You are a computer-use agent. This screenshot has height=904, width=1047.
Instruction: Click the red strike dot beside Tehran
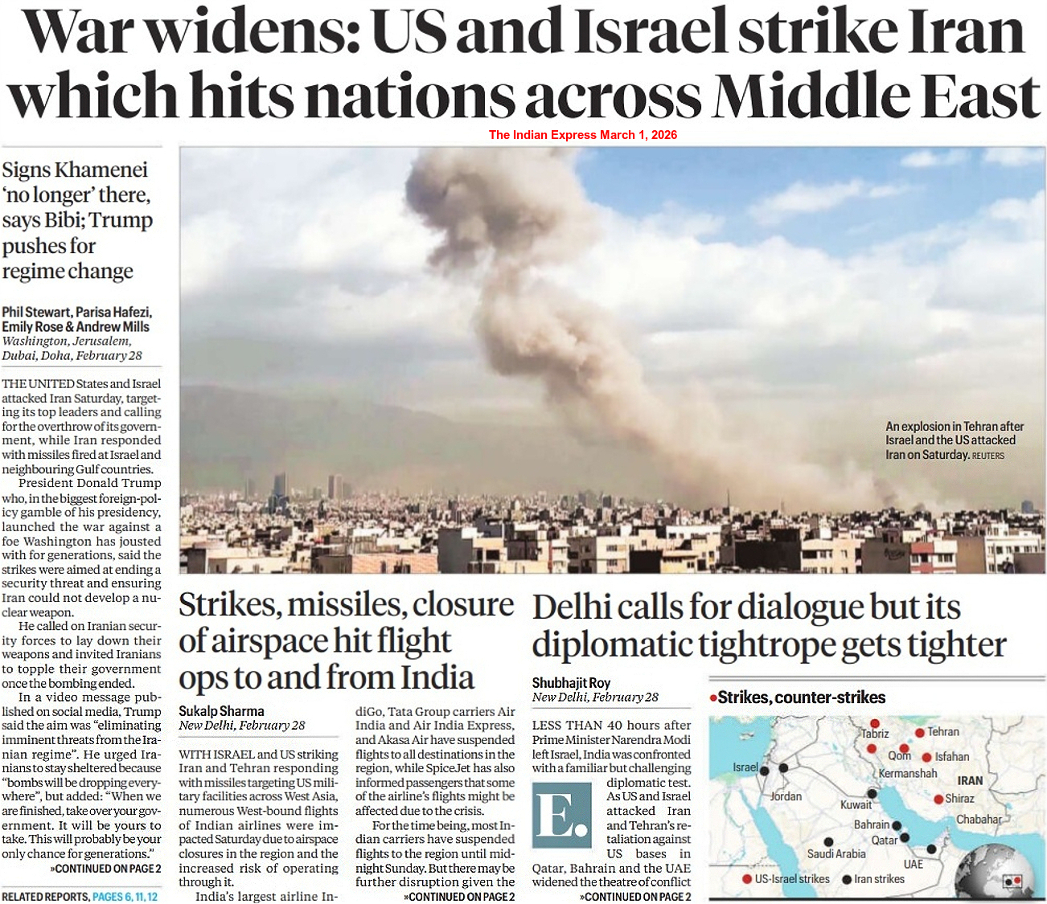point(920,733)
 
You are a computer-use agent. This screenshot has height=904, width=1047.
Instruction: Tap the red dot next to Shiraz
point(938,799)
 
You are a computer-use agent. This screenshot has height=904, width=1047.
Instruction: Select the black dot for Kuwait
point(872,794)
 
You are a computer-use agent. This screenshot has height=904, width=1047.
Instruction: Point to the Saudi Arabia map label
point(836,854)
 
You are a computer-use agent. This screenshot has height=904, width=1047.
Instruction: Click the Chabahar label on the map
point(979,820)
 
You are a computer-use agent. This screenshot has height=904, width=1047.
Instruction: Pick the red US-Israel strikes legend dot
point(747,879)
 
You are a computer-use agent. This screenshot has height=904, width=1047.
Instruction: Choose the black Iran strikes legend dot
point(847,879)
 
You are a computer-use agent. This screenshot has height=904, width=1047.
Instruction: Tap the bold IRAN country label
point(970,780)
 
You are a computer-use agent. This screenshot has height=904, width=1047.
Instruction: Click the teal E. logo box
point(561,814)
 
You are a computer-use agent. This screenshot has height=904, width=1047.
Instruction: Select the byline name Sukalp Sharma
point(221,711)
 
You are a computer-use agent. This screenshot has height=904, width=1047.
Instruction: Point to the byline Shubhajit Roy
point(571,683)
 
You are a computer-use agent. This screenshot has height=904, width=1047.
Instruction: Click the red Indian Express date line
point(583,135)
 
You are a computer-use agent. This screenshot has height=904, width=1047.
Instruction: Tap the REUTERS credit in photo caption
point(987,456)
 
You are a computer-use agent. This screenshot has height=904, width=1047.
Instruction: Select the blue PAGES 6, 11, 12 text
point(125,897)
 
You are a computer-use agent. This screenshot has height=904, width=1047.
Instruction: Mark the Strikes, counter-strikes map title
point(801,697)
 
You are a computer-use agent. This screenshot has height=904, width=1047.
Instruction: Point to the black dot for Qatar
point(905,837)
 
